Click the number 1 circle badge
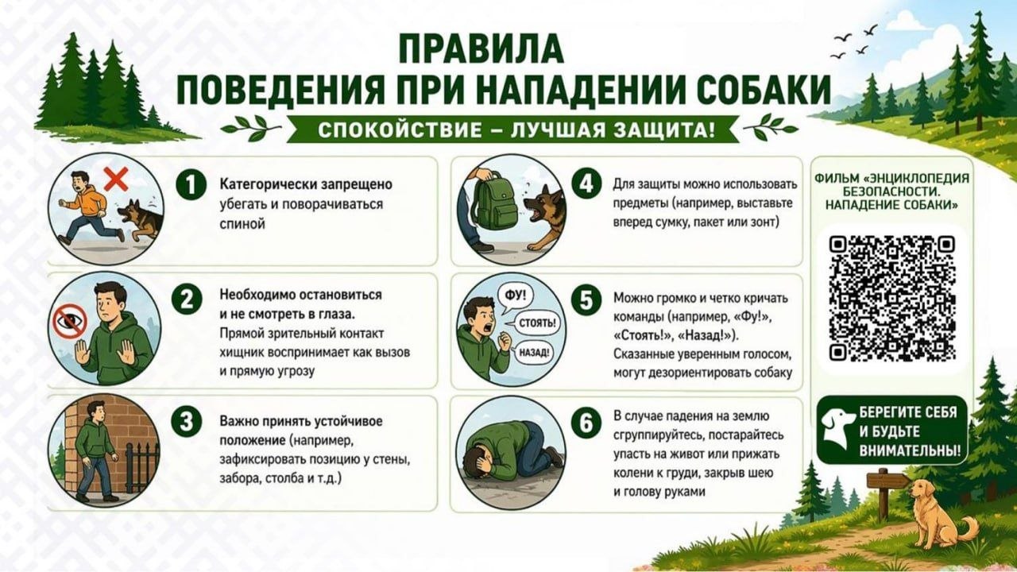pyautogui.click(x=191, y=185)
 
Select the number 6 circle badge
pyautogui.click(x=586, y=423)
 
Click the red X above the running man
pyautogui.click(x=116, y=179)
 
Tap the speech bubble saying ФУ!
pyautogui.click(x=515, y=297)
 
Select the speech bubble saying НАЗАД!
pyautogui.click(x=533, y=353)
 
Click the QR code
pyautogui.click(x=892, y=298)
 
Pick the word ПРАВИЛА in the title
pyautogui.click(x=481, y=49)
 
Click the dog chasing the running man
pyautogui.click(x=140, y=219)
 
